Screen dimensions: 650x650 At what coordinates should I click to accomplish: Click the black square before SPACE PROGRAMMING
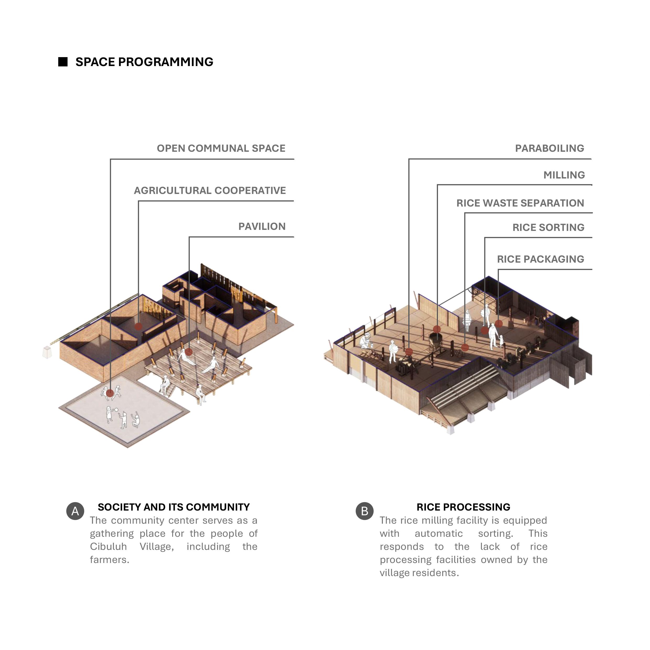63,62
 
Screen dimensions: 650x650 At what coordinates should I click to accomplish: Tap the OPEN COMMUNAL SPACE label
221,148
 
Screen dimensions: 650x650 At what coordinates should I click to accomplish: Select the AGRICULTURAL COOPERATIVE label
210,191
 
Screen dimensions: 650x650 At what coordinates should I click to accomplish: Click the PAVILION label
262,226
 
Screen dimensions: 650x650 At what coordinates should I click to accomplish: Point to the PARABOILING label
549,148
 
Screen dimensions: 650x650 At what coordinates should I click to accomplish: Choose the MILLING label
564,175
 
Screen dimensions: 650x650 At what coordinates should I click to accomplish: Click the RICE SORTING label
548,227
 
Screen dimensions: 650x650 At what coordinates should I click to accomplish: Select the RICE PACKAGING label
540,259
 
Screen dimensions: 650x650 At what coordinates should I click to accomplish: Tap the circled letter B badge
364,511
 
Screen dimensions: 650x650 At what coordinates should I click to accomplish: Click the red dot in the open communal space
110,393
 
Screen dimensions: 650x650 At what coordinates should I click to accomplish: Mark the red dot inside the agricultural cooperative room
138,326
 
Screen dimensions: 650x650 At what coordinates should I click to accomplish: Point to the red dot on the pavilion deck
189,352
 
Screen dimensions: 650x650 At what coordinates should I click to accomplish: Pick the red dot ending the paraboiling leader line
409,351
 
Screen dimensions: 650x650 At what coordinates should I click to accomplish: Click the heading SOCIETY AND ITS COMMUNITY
174,507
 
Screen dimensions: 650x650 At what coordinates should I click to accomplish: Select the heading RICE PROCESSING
463,507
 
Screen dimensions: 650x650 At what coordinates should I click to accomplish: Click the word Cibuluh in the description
108,547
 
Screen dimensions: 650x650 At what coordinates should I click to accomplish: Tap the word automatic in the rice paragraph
438,534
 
